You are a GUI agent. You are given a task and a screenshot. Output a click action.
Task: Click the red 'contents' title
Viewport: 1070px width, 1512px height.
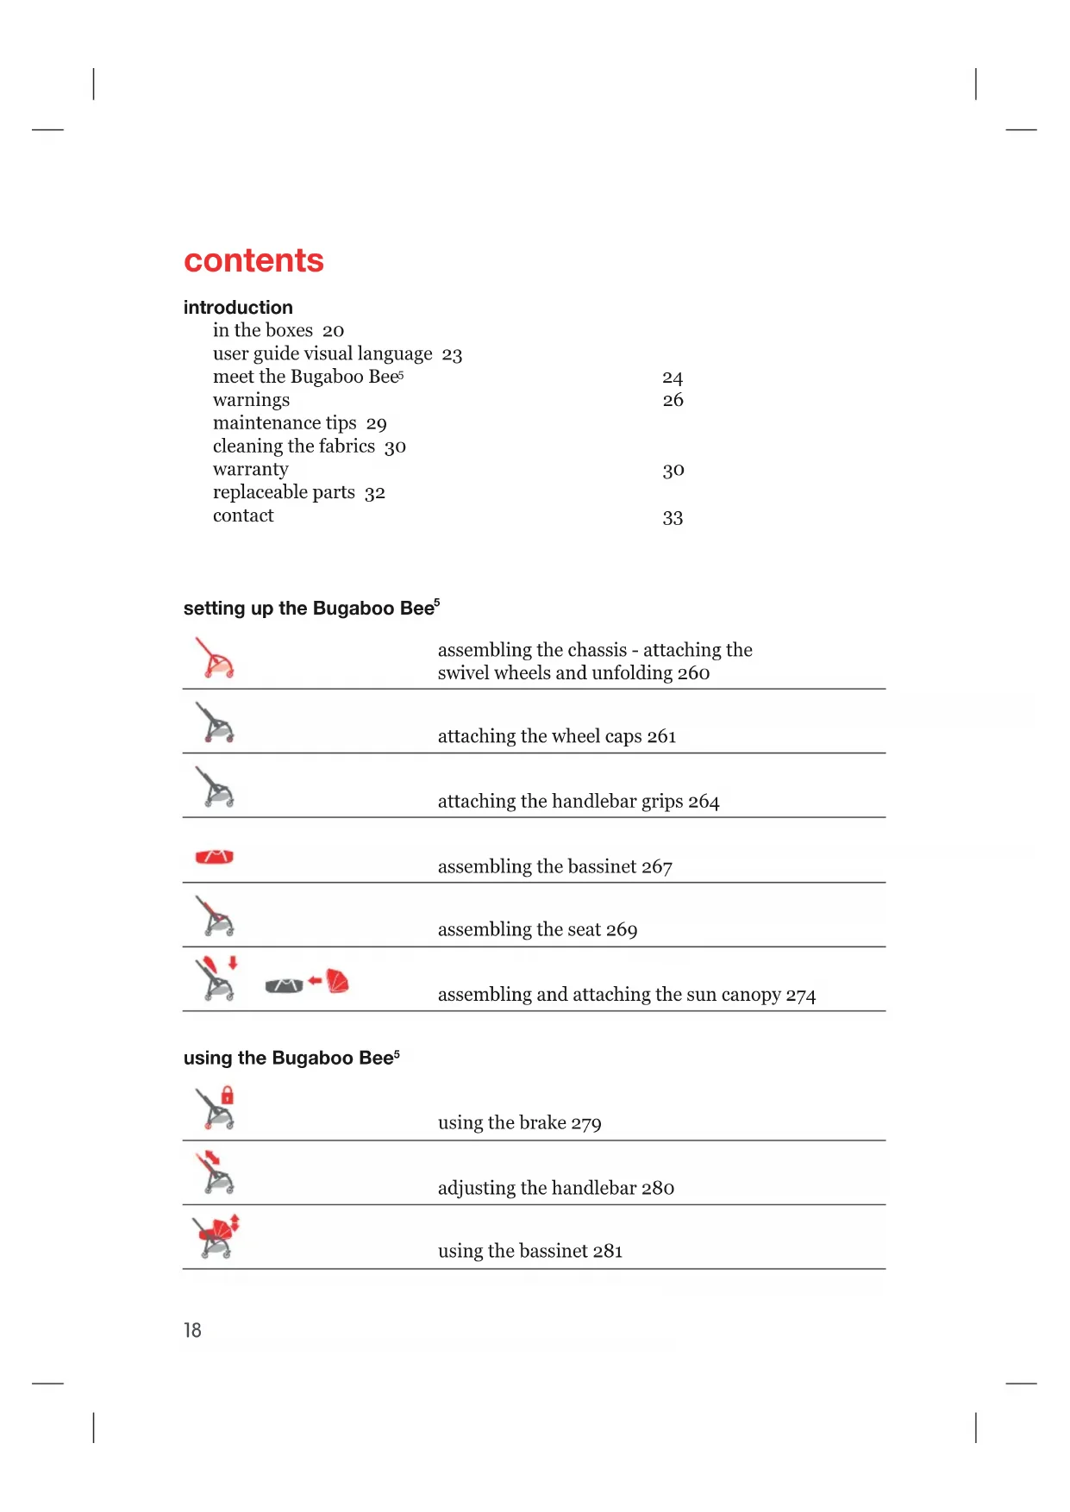pyautogui.click(x=253, y=260)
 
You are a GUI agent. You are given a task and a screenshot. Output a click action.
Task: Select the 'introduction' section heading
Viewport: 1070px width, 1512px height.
pyautogui.click(x=238, y=308)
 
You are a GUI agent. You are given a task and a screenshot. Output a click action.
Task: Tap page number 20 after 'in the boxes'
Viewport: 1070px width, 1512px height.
pyautogui.click(x=333, y=331)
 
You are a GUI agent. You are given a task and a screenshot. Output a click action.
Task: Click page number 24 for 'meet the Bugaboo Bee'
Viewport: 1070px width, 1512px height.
pyautogui.click(x=673, y=378)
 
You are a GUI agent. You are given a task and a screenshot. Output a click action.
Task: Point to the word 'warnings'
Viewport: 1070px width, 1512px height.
pyautogui.click(x=251, y=400)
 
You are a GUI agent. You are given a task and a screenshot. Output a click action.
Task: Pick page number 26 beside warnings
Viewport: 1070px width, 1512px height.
pyautogui.click(x=673, y=400)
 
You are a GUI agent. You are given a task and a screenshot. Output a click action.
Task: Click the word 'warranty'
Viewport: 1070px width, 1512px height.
pyautogui.click(x=250, y=470)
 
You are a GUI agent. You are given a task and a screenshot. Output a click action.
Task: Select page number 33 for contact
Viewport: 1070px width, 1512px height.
pyautogui.click(x=673, y=518)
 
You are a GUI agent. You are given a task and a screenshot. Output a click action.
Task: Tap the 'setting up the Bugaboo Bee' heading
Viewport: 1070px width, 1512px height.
pyautogui.click(x=311, y=608)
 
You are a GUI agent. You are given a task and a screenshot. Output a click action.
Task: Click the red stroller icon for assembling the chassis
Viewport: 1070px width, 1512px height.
pyautogui.click(x=215, y=659)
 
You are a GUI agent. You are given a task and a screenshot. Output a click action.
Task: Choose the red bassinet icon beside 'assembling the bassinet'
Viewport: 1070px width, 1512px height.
pyautogui.click(x=215, y=856)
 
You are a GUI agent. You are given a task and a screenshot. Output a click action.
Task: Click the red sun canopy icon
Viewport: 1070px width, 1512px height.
pyautogui.click(x=338, y=981)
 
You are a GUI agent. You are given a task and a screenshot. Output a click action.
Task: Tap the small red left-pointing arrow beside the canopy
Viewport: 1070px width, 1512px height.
pyautogui.click(x=315, y=981)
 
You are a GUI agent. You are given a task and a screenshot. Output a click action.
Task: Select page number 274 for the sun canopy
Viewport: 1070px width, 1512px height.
pyautogui.click(x=800, y=996)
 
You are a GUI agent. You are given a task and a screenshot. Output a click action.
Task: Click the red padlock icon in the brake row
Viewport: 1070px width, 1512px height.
pyautogui.click(x=228, y=1096)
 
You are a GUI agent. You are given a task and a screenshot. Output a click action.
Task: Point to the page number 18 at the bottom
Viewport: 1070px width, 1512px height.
pyautogui.click(x=192, y=1330)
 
